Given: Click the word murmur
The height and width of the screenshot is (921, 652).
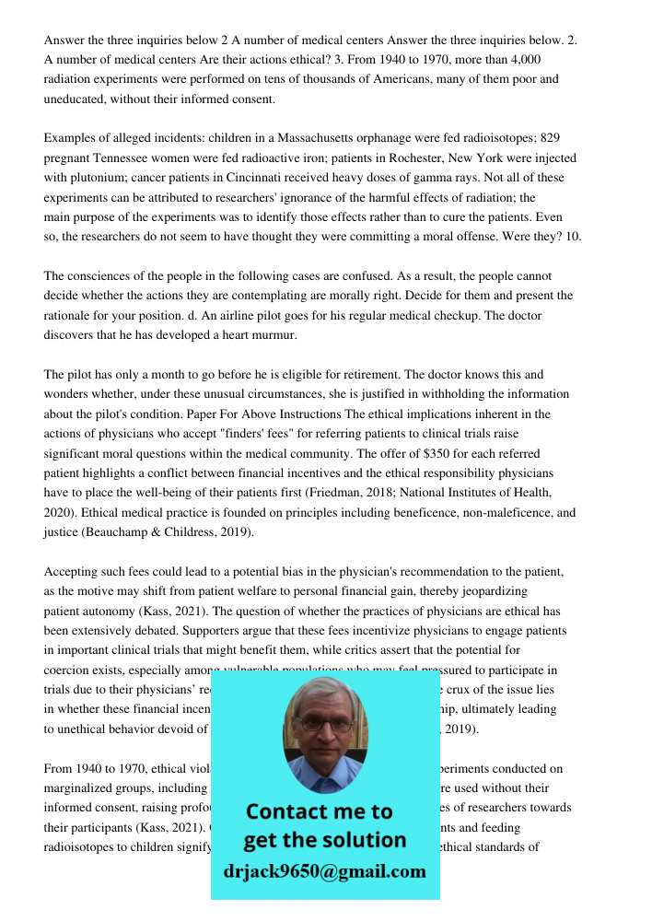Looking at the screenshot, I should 274,335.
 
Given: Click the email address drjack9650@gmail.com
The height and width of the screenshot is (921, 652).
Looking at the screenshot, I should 324,870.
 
